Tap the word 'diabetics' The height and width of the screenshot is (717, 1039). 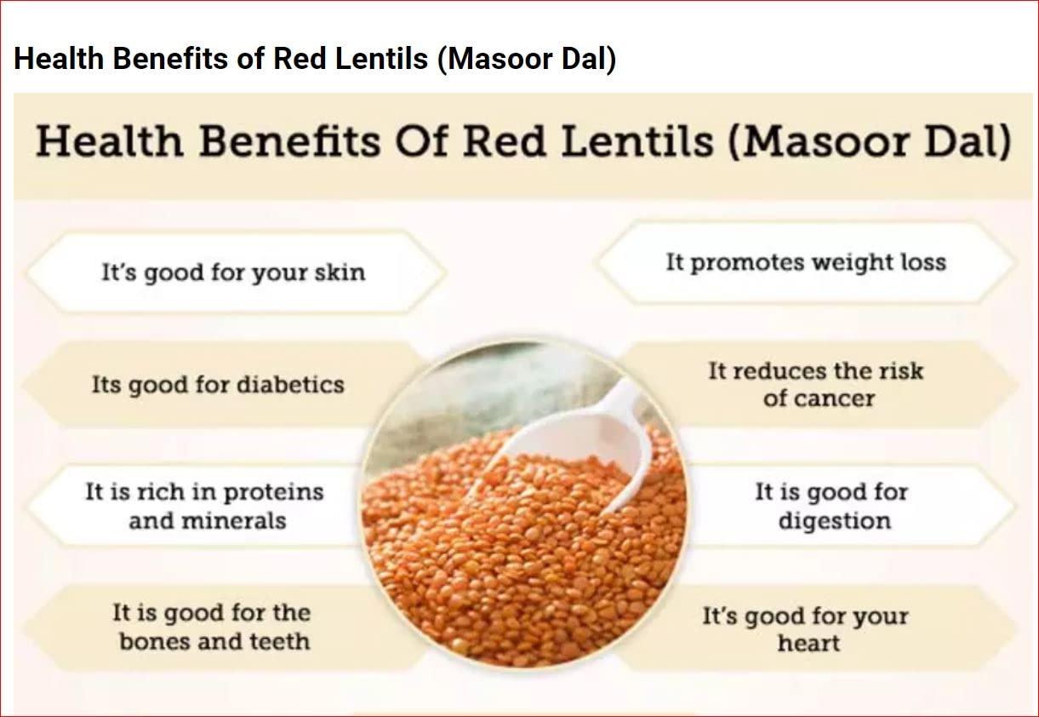tap(289, 384)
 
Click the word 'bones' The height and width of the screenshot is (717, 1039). tap(157, 640)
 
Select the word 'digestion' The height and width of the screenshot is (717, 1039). tap(834, 520)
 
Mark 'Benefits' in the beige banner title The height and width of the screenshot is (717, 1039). tap(288, 142)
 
